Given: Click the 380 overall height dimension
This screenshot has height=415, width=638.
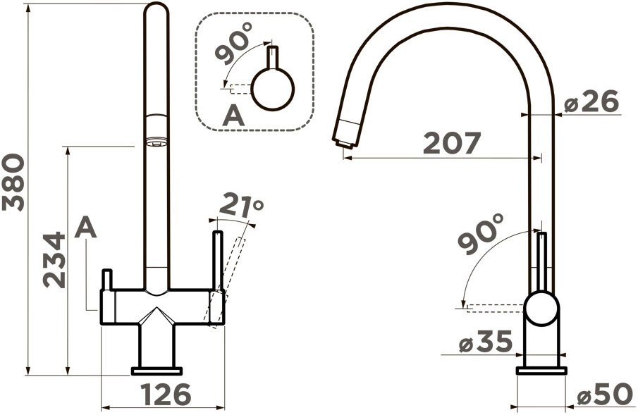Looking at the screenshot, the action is (13, 182).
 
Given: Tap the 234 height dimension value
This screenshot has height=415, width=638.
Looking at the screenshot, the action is (54, 260).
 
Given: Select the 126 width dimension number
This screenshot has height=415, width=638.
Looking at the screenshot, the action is (166, 395).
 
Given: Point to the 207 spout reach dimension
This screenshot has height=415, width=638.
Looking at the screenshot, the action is (452, 143).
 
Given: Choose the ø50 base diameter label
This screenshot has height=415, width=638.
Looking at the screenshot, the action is (606, 395).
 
